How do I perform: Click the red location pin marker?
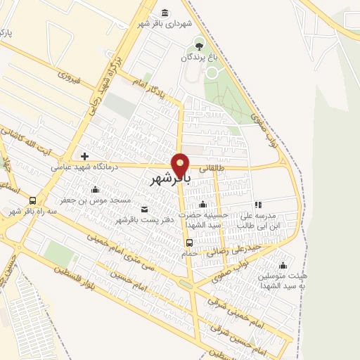click(181, 165)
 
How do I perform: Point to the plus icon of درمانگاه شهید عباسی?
click(84, 156)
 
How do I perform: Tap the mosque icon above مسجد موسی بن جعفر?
click(95, 189)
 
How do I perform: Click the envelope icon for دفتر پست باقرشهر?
click(145, 209)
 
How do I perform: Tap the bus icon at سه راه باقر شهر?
click(34, 200)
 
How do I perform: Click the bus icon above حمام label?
click(189, 243)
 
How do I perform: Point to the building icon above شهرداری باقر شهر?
click(165, 13)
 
